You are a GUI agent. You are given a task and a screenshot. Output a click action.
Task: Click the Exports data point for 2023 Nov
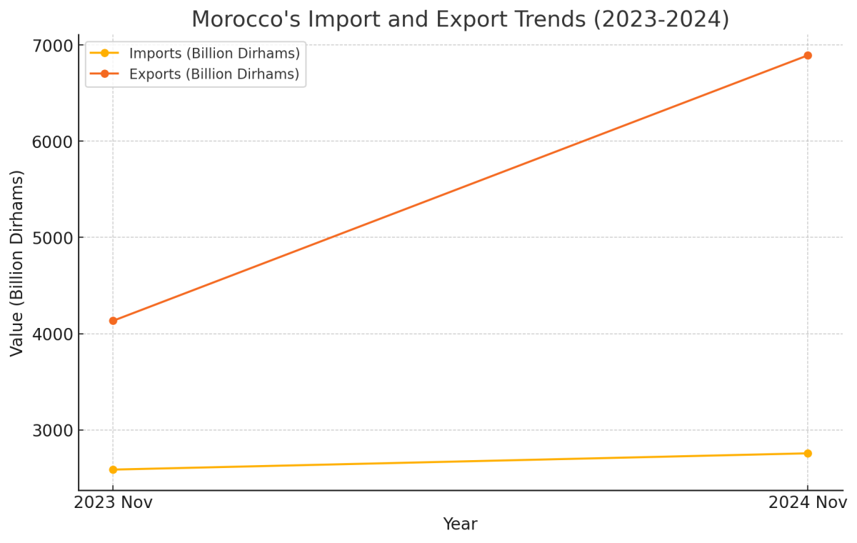(x=113, y=321)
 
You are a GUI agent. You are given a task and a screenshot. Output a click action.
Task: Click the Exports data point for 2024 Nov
(x=808, y=56)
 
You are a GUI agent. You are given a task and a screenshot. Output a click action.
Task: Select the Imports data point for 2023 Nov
(x=113, y=469)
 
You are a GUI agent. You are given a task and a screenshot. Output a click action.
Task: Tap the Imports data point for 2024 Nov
(x=808, y=453)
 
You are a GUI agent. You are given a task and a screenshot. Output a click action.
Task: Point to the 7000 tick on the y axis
(x=53, y=46)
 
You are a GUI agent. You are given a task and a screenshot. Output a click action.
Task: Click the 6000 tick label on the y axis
(x=53, y=141)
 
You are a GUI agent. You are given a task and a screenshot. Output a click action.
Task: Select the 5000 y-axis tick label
(x=53, y=238)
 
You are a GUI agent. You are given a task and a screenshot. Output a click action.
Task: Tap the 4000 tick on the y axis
(x=53, y=334)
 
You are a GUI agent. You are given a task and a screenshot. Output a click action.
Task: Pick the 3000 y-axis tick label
(x=53, y=430)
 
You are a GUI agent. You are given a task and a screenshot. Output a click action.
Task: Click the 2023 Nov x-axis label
(x=113, y=503)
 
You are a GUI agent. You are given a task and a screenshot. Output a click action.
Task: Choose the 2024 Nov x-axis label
(x=808, y=503)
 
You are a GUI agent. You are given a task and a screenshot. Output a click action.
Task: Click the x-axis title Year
(x=460, y=524)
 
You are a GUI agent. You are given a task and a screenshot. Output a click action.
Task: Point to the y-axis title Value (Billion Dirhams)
(x=17, y=262)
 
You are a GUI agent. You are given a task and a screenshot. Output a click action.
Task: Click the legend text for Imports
(x=214, y=53)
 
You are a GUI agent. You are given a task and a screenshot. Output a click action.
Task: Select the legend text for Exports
(x=214, y=74)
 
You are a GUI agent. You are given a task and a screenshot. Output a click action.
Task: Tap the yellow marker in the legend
(x=104, y=53)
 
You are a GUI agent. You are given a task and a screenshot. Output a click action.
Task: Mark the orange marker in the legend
(x=104, y=74)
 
